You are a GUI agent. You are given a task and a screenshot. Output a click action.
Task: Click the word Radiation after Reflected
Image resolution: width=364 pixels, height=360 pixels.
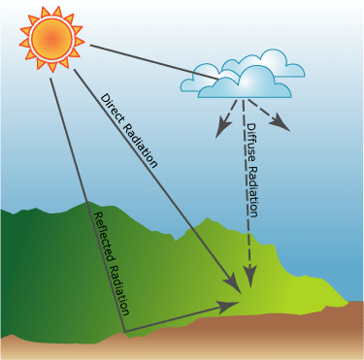pos(117,286)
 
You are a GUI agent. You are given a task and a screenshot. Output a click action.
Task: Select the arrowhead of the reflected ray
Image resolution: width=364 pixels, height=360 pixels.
pos(229,305)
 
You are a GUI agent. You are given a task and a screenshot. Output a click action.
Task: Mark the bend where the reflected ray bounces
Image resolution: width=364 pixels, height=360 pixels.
pos(126,332)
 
